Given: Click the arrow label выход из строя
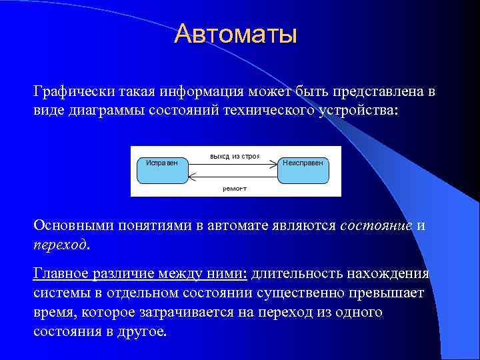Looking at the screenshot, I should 234,156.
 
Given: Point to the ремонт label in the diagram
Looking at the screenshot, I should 234,189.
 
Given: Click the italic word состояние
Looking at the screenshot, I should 375,225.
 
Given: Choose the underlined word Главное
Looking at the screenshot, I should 64,274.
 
